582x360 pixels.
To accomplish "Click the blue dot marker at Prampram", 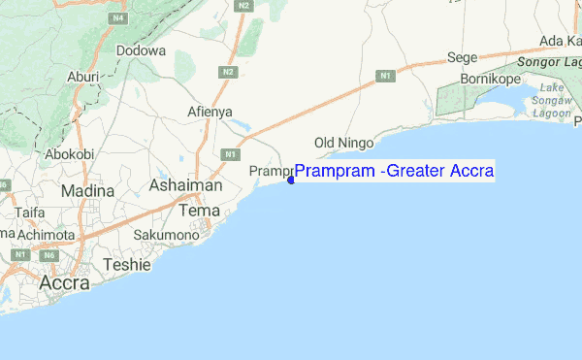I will pyautogui.click(x=291, y=179).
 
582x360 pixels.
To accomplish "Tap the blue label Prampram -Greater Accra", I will pyautogui.click(x=394, y=172).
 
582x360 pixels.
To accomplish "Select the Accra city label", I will pyautogui.click(x=64, y=283).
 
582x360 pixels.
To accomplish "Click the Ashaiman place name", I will pyautogui.click(x=185, y=185).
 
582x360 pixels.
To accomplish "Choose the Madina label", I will pyautogui.click(x=87, y=191).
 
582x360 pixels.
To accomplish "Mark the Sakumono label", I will pyautogui.click(x=166, y=235).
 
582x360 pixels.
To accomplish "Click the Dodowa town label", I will pyautogui.click(x=141, y=50).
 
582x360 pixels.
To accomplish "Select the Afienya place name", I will pyautogui.click(x=210, y=112).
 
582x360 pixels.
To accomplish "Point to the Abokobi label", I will pyautogui.click(x=69, y=153).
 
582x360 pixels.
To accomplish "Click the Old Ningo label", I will pyautogui.click(x=345, y=144).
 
